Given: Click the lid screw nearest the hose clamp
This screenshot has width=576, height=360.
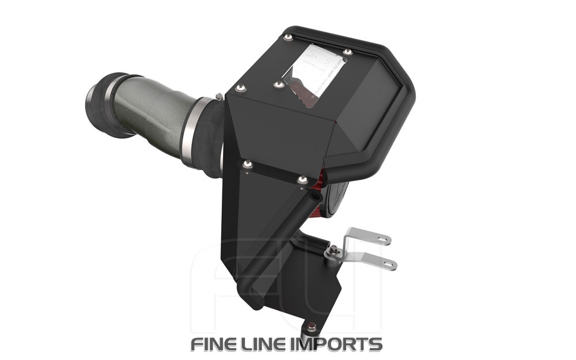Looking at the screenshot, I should click(x=240, y=88).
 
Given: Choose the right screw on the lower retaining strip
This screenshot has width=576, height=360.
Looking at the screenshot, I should click(x=302, y=180).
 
